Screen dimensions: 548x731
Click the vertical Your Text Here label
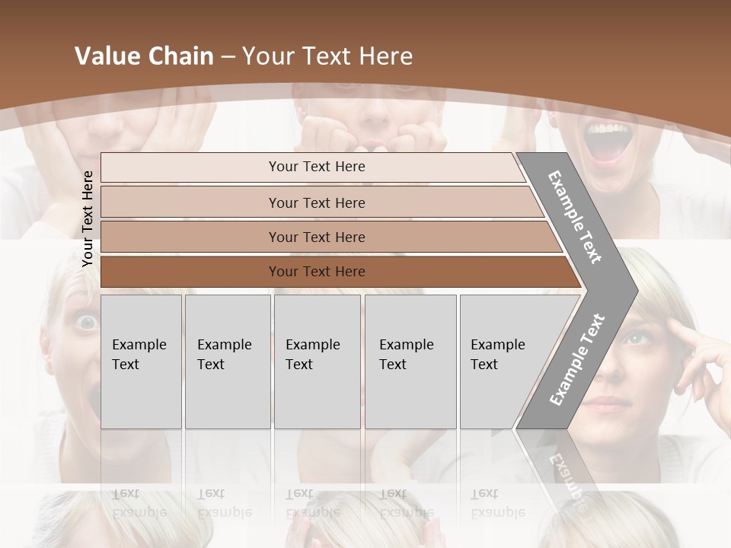coord(88,218)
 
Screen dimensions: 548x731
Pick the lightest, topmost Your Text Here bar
coord(316,167)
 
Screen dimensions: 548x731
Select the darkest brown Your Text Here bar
coord(316,272)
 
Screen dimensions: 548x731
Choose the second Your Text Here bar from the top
coord(316,202)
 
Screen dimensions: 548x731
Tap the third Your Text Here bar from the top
coord(316,237)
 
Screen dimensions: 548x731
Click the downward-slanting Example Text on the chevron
coord(575,217)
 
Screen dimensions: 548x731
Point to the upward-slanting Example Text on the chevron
coord(577,360)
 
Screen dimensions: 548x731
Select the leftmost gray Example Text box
coord(141,361)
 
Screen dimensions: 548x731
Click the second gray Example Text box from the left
coord(227,361)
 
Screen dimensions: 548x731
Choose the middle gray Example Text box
coord(317,361)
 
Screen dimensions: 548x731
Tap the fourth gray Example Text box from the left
coord(410,361)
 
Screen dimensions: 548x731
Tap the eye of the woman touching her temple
coord(637,337)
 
